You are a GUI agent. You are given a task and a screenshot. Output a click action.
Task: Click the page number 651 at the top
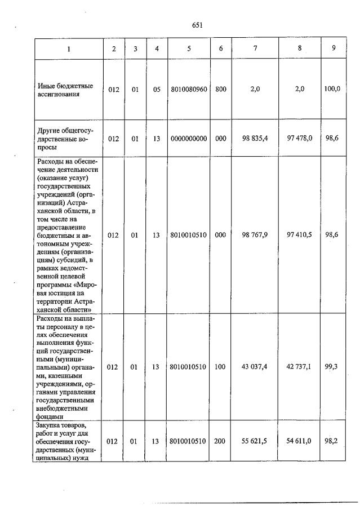pyautogui.click(x=197, y=25)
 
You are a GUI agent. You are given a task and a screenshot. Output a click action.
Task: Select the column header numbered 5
pyautogui.click(x=189, y=48)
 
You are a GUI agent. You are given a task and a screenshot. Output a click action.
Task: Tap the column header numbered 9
pyautogui.click(x=334, y=48)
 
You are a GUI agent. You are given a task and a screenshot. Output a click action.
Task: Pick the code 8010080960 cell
pyautogui.click(x=189, y=89)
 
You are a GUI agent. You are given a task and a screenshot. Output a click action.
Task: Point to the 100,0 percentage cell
pyautogui.click(x=333, y=89)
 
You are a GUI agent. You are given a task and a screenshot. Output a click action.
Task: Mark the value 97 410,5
pyautogui.click(x=299, y=235)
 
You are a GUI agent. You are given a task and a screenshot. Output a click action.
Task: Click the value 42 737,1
pyautogui.click(x=299, y=367)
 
